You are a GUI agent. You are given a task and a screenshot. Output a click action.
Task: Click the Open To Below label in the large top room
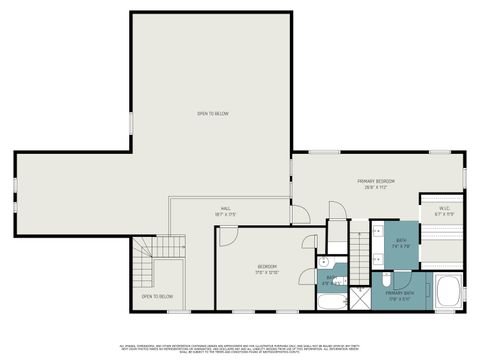(x=212, y=114)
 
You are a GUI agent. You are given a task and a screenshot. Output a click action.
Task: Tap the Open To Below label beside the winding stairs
(x=157, y=296)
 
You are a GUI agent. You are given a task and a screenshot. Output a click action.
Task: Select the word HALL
(x=226, y=208)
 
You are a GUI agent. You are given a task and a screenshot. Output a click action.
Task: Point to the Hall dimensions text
(x=226, y=214)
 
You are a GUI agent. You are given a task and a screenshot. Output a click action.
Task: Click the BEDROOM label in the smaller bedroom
(x=265, y=266)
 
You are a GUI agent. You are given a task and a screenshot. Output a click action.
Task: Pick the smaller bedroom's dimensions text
(x=265, y=272)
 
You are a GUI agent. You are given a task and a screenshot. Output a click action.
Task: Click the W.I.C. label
(x=445, y=209)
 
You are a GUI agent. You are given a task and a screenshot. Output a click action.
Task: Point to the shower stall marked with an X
(x=359, y=298)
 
